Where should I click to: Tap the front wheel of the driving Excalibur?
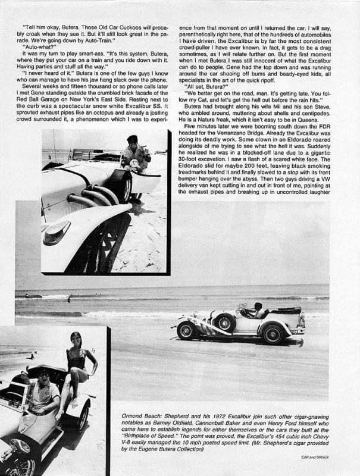pyautogui.click(x=186, y=330)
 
